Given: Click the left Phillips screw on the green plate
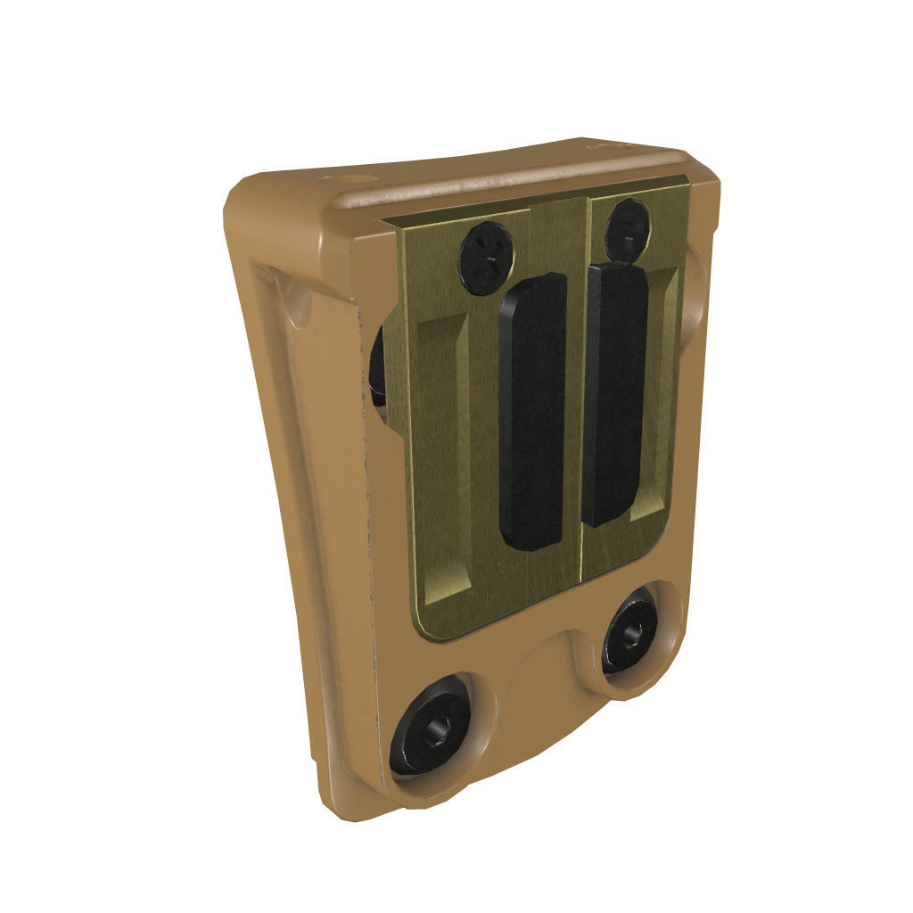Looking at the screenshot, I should (486, 256).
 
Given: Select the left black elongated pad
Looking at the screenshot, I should (532, 410).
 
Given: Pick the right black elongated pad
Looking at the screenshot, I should (614, 392).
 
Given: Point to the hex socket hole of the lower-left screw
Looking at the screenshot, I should (436, 733).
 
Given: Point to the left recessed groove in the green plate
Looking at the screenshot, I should (443, 455).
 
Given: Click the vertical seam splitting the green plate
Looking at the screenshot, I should (583, 392).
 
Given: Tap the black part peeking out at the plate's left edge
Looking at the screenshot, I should (377, 366).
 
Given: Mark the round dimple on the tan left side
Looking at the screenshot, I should (299, 303).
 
